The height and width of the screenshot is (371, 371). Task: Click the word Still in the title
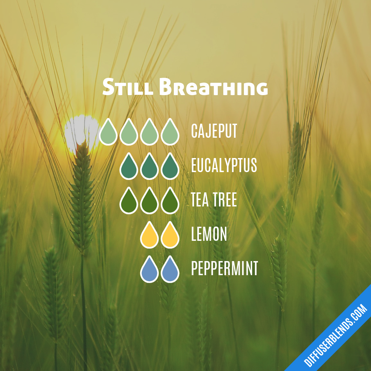point(128,88)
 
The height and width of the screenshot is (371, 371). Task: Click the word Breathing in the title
point(213,88)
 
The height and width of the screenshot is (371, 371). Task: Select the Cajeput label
point(214,131)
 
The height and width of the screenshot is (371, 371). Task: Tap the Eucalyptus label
point(224,166)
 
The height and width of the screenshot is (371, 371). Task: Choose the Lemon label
point(209,234)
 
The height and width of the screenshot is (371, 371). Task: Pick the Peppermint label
point(224,269)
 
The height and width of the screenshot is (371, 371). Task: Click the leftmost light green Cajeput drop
point(108,133)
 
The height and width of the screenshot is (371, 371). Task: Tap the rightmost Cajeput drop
point(170,133)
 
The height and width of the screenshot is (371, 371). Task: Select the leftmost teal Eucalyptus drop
point(129,167)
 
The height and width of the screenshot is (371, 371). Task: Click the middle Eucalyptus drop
point(149,167)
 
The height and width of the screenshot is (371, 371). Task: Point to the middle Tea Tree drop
point(149,202)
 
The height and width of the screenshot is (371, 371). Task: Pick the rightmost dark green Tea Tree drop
point(170,202)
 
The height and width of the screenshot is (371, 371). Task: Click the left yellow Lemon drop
point(149,236)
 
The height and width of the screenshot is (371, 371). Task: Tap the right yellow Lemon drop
point(170,236)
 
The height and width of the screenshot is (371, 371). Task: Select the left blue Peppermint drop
point(149,270)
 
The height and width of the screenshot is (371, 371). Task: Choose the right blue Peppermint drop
point(170,270)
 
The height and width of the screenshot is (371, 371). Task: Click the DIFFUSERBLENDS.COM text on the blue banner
point(335,335)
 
